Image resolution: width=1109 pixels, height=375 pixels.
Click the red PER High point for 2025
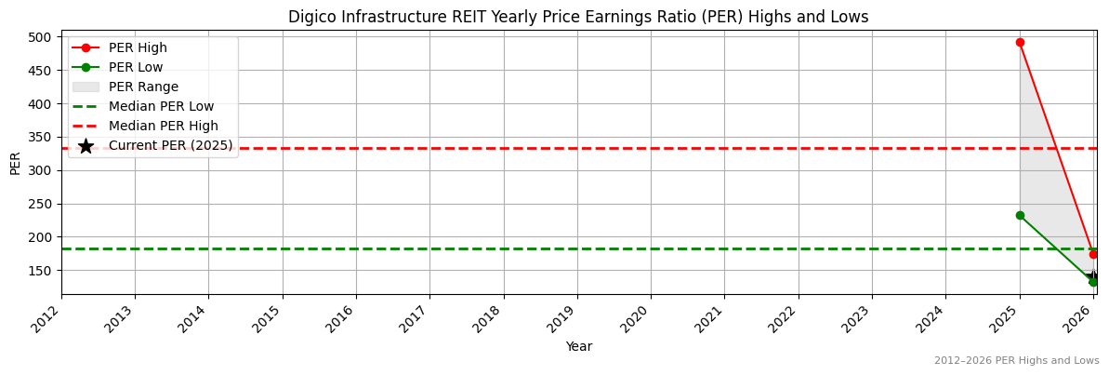click(1020, 42)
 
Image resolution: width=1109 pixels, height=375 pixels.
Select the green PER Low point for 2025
click(1020, 215)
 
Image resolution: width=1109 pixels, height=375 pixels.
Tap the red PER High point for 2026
click(1093, 254)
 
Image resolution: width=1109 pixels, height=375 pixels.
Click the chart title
click(577, 17)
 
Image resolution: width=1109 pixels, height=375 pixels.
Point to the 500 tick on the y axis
click(43, 37)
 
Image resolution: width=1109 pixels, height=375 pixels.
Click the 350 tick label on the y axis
click(43, 137)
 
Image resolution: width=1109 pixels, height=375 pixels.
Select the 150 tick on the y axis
click(43, 271)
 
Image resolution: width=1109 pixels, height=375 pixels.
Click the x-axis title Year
click(578, 347)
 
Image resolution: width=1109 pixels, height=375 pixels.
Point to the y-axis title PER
click(15, 163)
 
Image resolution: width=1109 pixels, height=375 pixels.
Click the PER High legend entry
click(138, 48)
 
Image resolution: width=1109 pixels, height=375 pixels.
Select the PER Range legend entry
click(143, 87)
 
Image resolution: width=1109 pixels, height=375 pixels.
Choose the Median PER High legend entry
click(164, 127)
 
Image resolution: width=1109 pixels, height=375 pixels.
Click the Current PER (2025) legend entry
click(170, 146)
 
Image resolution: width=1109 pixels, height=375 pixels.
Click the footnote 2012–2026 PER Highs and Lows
click(1016, 361)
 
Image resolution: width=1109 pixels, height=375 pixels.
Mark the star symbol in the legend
click(86, 146)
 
